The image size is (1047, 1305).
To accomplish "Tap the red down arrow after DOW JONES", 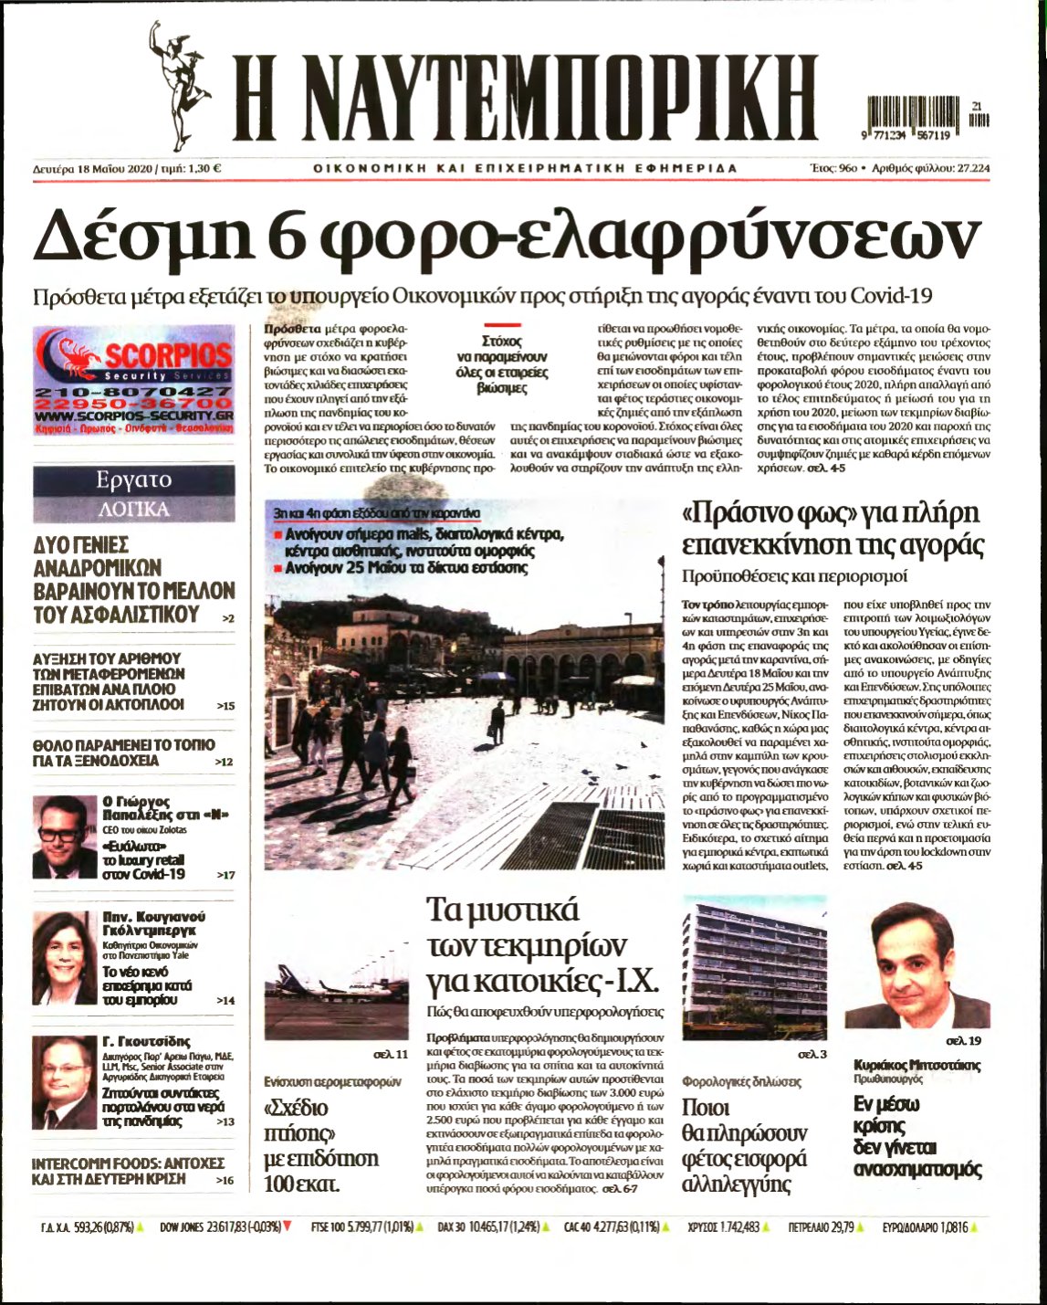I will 288,1228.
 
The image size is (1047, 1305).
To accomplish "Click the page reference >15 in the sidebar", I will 225,706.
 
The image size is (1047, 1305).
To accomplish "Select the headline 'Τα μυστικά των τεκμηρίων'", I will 543,944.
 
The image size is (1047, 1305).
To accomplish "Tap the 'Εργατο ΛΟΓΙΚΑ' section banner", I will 134,493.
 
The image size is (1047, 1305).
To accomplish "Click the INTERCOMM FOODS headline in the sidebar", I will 128,1171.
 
